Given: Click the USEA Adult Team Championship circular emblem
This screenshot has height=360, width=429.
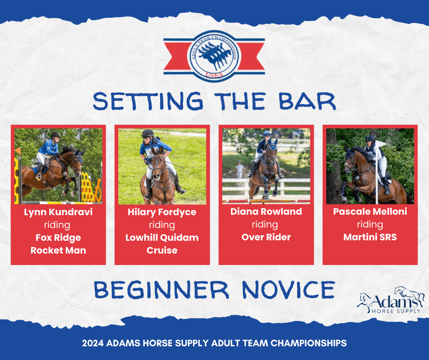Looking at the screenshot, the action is click(214, 56).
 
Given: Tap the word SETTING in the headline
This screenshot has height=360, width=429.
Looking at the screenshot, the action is click(148, 101).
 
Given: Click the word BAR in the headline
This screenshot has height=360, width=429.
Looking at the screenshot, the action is click(307, 101).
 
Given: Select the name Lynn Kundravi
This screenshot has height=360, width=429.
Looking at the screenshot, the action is click(58, 212).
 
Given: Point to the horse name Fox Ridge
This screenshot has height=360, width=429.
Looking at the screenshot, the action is click(58, 238).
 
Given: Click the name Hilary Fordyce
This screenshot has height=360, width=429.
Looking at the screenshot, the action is click(162, 212).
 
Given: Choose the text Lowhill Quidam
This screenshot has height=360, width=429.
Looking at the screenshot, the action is click(162, 238).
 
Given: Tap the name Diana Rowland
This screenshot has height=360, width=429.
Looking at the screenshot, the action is click(266, 212).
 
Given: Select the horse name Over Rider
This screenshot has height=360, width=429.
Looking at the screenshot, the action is click(266, 237).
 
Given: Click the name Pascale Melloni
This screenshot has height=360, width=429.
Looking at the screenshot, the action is click(370, 212).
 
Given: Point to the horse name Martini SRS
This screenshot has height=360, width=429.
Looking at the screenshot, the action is click(370, 237).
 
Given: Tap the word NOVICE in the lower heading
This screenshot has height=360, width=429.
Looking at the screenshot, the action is click(288, 290).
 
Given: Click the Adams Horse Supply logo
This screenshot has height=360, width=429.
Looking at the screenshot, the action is click(391, 301).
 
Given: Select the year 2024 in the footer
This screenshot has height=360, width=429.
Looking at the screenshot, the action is click(93, 343).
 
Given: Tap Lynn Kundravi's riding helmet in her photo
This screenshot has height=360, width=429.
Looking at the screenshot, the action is click(56, 134).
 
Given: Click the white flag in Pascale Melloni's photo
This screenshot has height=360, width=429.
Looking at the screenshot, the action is click(380, 144).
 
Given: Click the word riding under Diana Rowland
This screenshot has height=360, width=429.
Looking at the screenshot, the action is click(265, 225).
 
